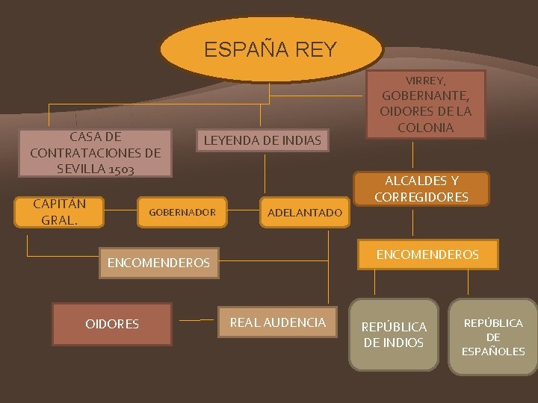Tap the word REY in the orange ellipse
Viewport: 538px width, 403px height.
(x=316, y=50)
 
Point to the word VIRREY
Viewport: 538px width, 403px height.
(x=426, y=80)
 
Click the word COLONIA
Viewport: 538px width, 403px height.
(x=425, y=128)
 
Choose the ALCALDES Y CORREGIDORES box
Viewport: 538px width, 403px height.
(x=421, y=189)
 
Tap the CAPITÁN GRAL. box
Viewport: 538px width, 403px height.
(x=60, y=211)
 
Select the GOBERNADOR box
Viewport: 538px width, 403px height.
(x=182, y=213)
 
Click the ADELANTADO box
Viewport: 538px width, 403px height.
(x=304, y=213)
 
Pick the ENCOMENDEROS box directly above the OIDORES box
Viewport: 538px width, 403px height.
(x=158, y=263)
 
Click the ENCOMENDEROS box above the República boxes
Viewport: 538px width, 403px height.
(x=427, y=254)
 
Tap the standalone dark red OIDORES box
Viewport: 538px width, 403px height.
(x=113, y=324)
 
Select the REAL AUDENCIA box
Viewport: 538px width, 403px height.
(x=277, y=322)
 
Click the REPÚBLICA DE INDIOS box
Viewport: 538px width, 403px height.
(x=394, y=335)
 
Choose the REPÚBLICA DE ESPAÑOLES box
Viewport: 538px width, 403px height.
(x=493, y=337)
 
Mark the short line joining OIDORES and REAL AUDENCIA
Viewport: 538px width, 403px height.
(x=197, y=320)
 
